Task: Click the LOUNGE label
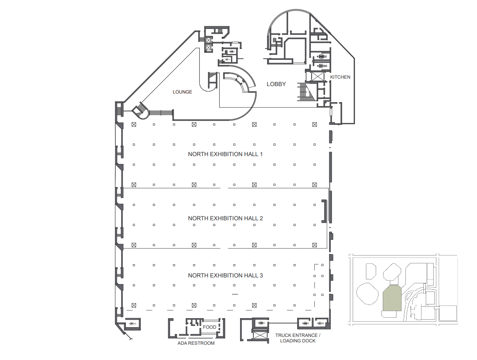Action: [182, 92]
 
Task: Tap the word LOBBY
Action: [276, 84]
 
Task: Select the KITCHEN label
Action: [340, 77]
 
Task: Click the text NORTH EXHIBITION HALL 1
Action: [225, 154]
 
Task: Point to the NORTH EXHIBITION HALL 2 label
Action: [225, 218]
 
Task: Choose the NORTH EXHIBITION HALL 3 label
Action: [225, 275]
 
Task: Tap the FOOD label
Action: [210, 327]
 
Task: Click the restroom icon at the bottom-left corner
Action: [133, 324]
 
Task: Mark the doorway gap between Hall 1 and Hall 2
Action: [224, 188]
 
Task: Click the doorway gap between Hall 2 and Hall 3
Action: [224, 248]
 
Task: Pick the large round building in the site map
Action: [368, 293]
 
